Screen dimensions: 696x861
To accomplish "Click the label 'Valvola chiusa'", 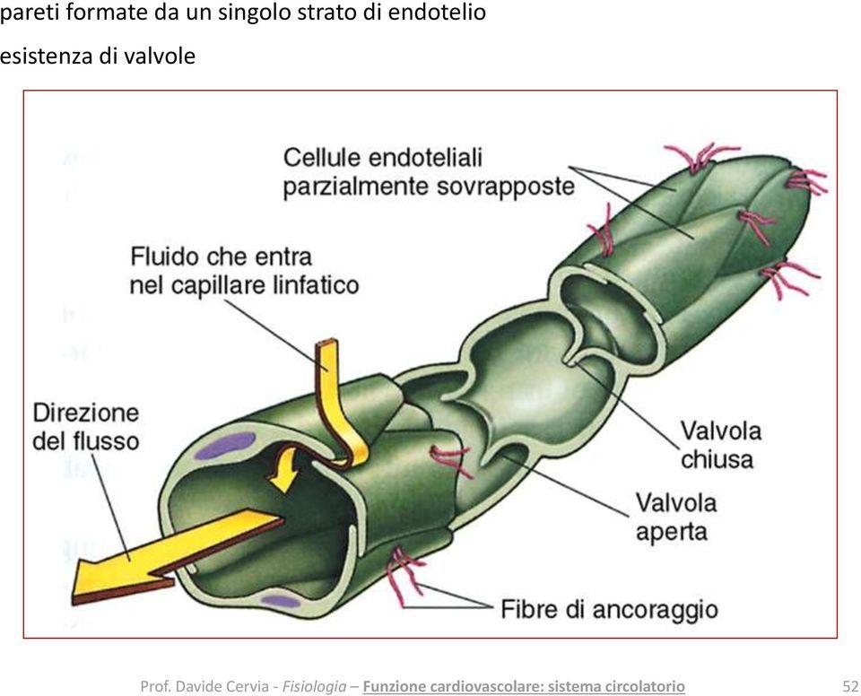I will [720, 445].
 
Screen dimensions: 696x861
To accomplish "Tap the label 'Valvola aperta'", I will [676, 517].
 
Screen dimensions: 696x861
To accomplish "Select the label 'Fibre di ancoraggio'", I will [609, 610].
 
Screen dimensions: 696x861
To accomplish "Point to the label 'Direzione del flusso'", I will [86, 427].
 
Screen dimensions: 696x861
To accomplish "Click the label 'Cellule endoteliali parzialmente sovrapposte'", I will [428, 171].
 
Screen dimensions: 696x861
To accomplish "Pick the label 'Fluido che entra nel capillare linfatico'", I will [244, 271].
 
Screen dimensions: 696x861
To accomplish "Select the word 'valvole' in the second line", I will [159, 56].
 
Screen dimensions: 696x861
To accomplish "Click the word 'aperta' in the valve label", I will [672, 531].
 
